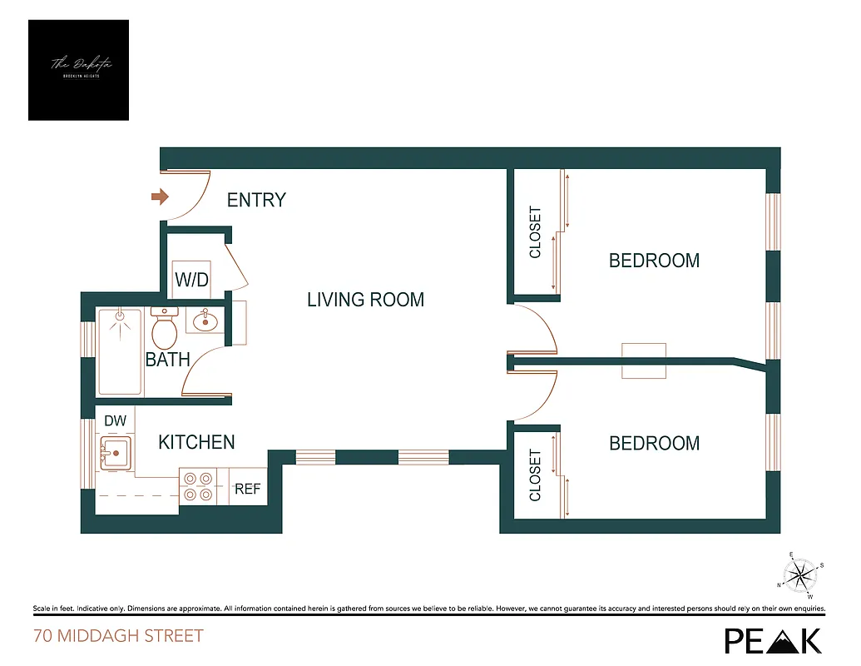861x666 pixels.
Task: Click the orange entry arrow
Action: pos(159,197)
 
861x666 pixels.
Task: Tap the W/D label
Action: pos(191,280)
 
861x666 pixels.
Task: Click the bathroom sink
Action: pos(204,321)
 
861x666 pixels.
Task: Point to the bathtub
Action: pos(120,351)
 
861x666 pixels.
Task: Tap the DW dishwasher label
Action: pos(115,422)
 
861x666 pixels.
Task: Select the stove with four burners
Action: pos(198,486)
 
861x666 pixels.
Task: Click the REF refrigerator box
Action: pos(247,490)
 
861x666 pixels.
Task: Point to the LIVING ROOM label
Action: pos(365,300)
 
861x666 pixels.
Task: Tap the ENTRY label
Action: pos(256,200)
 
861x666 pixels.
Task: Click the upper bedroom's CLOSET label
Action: pos(535,232)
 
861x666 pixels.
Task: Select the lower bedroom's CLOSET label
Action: pos(535,475)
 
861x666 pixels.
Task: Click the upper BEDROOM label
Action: pos(654,261)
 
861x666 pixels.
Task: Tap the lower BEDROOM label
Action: pos(654,443)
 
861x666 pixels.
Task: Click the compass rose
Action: pos(800,574)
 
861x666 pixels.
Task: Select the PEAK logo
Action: pos(773,639)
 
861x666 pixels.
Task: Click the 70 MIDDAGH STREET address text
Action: pos(118,637)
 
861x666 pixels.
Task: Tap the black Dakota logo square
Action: pos(78,70)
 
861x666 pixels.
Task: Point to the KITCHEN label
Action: pos(196,442)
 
